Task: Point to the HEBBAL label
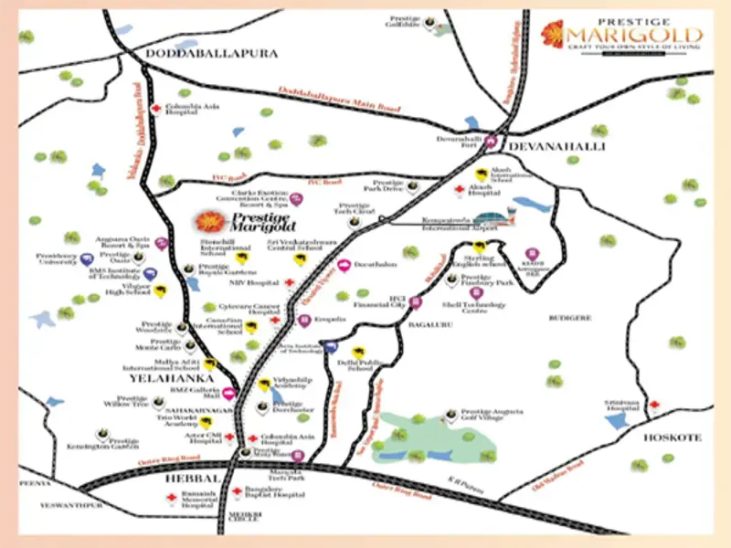coord(191,479)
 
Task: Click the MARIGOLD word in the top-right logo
coord(638,37)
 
